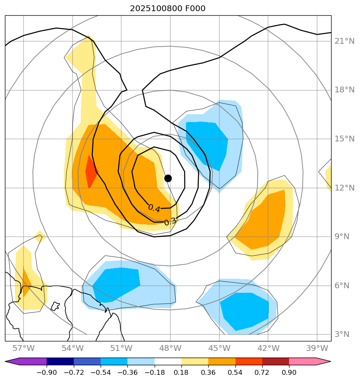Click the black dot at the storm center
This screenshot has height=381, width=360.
[168, 178]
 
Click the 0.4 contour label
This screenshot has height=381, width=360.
[154, 208]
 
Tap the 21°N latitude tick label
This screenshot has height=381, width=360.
[345, 41]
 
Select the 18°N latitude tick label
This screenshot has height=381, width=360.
[345, 90]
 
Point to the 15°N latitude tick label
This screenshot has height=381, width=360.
[345, 139]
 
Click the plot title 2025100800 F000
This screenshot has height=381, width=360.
[168, 9]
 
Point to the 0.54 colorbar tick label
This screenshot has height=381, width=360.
[235, 372]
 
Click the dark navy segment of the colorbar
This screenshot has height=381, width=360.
[60, 362]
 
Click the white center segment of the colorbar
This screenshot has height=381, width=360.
[168, 362]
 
